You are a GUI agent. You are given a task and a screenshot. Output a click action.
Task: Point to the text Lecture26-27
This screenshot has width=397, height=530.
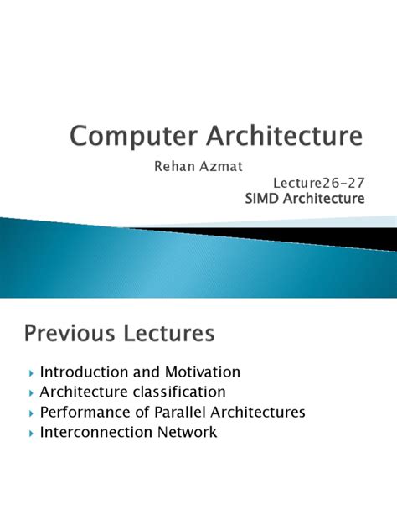pyautogui.click(x=319, y=182)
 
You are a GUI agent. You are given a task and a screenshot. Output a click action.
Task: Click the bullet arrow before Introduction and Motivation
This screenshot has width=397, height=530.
pyautogui.click(x=31, y=372)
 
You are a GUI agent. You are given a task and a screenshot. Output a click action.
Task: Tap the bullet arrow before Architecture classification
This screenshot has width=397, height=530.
pyautogui.click(x=31, y=392)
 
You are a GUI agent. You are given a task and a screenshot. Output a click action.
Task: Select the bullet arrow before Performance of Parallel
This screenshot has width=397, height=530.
pyautogui.click(x=31, y=413)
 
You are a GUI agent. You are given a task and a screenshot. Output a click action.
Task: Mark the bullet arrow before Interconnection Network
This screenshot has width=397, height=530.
pyautogui.click(x=31, y=433)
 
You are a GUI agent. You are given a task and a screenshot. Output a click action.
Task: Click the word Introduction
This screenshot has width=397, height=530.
pyautogui.click(x=83, y=372)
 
